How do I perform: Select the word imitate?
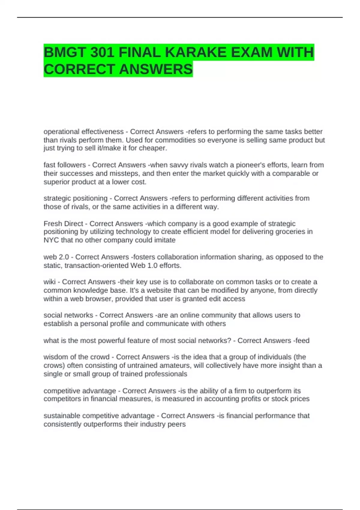165,240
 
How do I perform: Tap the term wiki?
49,282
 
